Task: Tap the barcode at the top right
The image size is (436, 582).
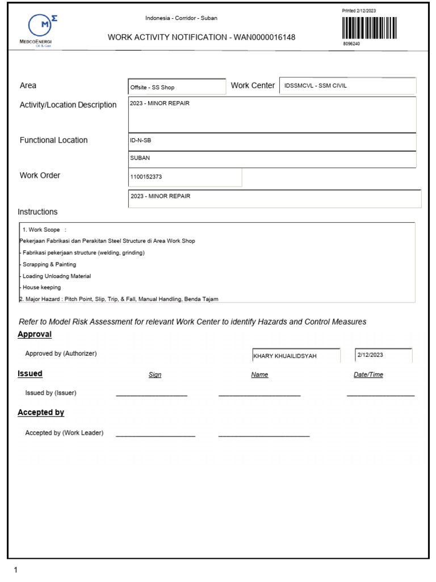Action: [x=370, y=27]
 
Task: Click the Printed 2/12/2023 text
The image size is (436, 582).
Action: [x=359, y=11]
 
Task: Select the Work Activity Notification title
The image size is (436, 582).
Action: [x=202, y=38]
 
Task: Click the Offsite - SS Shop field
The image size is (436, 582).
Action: [x=177, y=88]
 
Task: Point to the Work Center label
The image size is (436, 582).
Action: [x=253, y=85]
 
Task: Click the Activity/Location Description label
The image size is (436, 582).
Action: [x=68, y=105]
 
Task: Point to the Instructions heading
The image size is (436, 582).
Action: [x=37, y=212]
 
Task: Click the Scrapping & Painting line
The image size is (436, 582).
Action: [x=48, y=264]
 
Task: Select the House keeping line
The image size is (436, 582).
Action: [x=41, y=288]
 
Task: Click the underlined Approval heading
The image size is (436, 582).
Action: [x=35, y=334]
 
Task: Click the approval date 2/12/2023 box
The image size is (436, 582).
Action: [x=383, y=355]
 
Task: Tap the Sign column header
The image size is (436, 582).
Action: [x=155, y=375]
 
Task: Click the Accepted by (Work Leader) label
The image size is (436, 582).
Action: [x=64, y=433]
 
